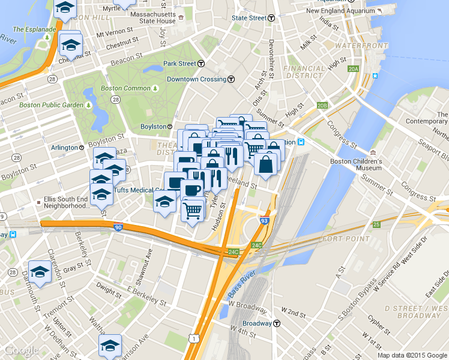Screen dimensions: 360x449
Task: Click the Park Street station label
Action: (x=179, y=64)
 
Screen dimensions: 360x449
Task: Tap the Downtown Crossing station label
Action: (x=196, y=79)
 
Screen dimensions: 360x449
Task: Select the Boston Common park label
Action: (x=125, y=88)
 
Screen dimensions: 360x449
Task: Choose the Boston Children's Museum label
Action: (x=356, y=164)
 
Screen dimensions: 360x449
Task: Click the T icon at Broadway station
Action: (x=277, y=323)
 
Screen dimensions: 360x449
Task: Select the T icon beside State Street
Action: (x=271, y=18)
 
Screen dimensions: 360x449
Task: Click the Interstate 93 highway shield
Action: (x=265, y=222)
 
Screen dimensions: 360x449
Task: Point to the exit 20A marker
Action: (x=353, y=70)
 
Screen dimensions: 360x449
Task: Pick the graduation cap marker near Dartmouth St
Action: (x=40, y=271)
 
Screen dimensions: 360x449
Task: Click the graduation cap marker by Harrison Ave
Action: (x=110, y=345)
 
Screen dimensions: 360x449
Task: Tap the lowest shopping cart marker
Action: (x=193, y=210)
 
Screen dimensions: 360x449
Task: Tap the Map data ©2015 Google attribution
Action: (x=412, y=355)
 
